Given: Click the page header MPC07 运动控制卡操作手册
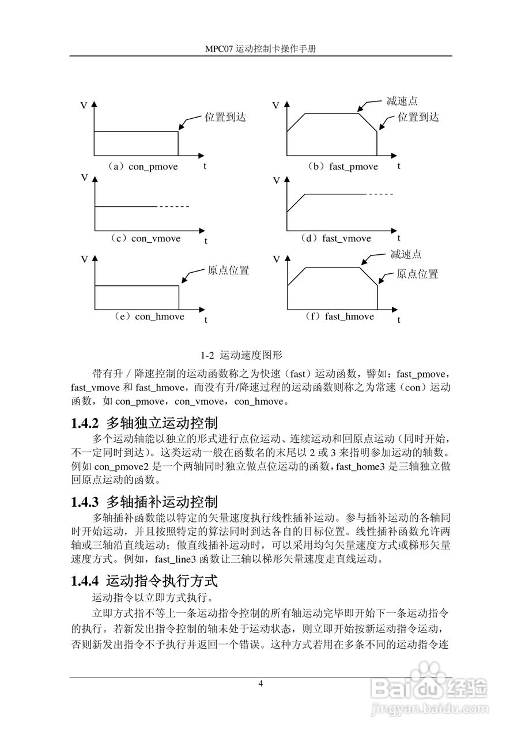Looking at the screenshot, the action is click(x=260, y=50).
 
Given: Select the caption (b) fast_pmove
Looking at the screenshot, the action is click(x=342, y=167).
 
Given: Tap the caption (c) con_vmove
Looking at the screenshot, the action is click(x=146, y=238).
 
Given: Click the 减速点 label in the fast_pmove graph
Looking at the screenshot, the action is click(x=402, y=101).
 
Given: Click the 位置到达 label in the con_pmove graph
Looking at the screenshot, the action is click(x=225, y=117).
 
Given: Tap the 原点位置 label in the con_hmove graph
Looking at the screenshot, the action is click(x=228, y=270).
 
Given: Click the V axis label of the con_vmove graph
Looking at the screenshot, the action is click(x=84, y=178).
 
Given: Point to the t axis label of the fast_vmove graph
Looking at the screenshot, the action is click(x=398, y=238).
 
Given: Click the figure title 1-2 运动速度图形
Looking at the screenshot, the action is click(x=241, y=354).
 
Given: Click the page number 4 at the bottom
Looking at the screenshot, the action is click(x=260, y=684).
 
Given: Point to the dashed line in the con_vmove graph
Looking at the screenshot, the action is click(x=173, y=206).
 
